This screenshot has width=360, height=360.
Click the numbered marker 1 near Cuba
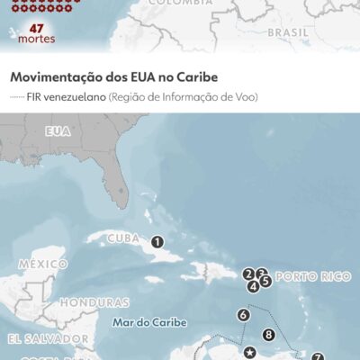click(157, 241)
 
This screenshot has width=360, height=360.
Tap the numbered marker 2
click(248, 274)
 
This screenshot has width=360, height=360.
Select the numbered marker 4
click(254, 286)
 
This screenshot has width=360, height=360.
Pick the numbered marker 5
click(265, 281)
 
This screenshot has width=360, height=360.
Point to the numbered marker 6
click(243, 315)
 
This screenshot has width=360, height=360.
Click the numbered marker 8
click(268, 336)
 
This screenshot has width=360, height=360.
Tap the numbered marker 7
click(317, 357)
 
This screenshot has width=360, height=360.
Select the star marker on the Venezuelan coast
click(249, 352)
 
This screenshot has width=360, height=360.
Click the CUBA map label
click(124, 239)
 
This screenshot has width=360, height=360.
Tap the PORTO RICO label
click(311, 276)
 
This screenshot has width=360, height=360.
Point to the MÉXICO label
click(42, 265)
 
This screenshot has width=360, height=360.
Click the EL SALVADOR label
click(40, 339)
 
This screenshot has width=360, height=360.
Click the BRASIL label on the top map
click(288, 31)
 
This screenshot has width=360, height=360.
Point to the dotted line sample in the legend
click(20, 95)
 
